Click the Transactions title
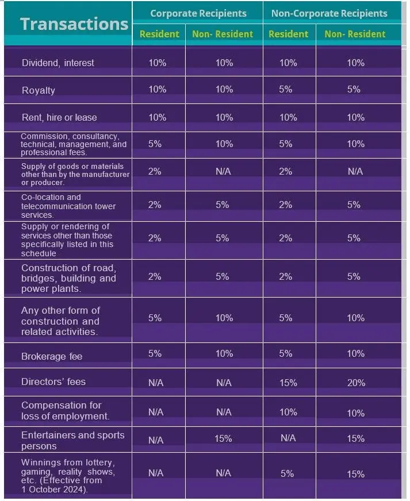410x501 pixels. point(74,24)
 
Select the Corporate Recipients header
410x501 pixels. point(198,13)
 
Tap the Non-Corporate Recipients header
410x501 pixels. point(329,13)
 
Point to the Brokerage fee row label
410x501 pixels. point(52,356)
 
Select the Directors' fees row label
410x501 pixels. point(53,381)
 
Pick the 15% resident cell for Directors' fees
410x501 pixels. point(288,383)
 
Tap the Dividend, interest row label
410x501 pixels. point(58,63)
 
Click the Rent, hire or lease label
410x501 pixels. point(59,117)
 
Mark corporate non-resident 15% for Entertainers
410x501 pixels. point(223,438)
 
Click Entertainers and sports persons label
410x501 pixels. point(72,440)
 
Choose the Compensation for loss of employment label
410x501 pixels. point(65,410)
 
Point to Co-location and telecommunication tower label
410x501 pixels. point(68,206)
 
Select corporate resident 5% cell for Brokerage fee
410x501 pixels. point(155,353)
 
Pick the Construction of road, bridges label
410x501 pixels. point(68,278)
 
